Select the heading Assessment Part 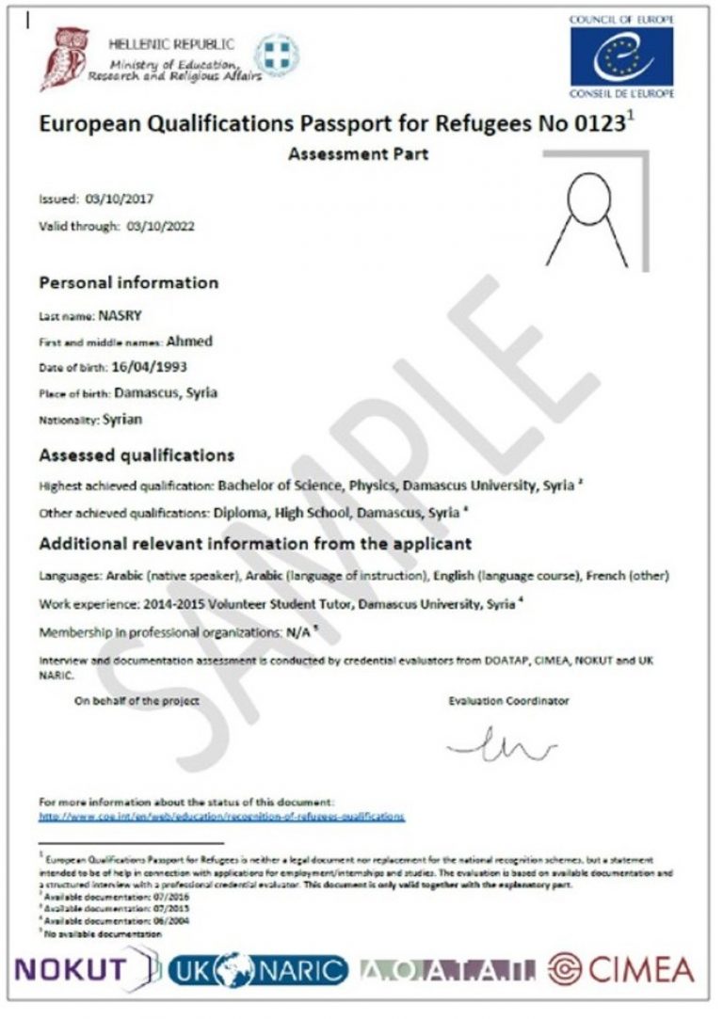358,154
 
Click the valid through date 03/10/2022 159,226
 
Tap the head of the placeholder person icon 586,194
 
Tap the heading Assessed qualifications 137,455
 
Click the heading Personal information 128,282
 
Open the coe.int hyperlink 221,817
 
